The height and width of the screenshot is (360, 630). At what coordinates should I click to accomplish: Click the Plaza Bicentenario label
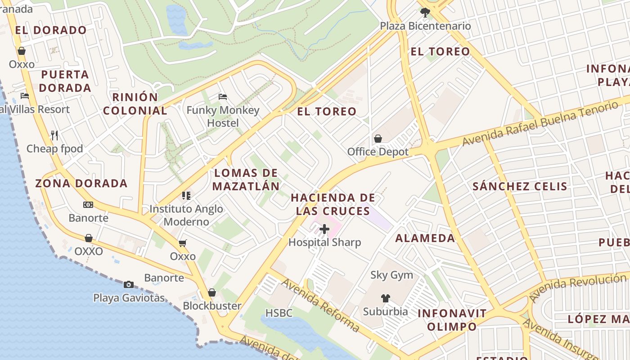pos(425,26)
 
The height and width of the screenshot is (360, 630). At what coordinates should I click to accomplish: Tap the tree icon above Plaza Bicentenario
pos(425,13)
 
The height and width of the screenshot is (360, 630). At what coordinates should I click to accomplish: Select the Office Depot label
pos(378,152)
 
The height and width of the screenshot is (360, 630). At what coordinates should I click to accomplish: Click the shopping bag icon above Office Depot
pos(378,139)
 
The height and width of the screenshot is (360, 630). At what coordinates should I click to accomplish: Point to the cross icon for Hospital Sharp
pos(324,229)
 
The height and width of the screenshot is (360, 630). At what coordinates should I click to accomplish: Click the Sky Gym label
pos(391,275)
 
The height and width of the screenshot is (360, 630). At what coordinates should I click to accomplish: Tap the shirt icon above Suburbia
pos(386,298)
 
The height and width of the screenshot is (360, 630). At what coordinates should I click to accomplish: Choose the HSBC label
pos(279,313)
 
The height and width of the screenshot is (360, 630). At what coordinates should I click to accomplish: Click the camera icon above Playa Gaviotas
pos(129,284)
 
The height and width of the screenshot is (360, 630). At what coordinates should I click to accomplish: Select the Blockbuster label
pos(212,306)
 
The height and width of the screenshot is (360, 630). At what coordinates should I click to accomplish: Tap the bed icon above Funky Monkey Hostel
pos(223,97)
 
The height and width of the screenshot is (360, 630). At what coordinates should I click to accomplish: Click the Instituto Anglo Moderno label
pos(186,215)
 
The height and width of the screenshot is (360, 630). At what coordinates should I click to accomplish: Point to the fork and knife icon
pos(54,135)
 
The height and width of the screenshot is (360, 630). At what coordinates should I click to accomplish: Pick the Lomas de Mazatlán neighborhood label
pos(246,180)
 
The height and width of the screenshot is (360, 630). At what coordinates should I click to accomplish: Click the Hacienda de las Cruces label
pos(333,204)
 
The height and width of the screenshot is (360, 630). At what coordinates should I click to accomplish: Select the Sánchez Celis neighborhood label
pos(520,186)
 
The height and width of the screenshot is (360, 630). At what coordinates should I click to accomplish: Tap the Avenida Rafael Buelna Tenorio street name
pos(540,124)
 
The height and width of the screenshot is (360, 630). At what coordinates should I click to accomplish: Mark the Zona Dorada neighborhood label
pos(81,183)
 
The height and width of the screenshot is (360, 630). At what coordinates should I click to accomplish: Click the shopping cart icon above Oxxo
pos(183,243)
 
